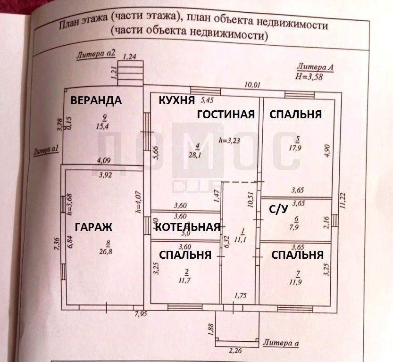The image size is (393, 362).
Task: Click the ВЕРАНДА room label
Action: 96,100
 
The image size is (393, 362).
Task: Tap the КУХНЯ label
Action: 176,100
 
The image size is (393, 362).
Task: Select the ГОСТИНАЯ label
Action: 226,114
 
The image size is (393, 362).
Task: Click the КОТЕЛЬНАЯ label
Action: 188,227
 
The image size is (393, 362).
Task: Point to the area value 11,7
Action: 187,280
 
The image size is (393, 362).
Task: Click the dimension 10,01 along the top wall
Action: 253,85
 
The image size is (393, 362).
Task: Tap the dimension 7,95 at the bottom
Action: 140,313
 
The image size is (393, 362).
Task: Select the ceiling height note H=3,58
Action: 309,77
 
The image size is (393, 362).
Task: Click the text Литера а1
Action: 46,151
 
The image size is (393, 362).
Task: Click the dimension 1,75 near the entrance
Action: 241,296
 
